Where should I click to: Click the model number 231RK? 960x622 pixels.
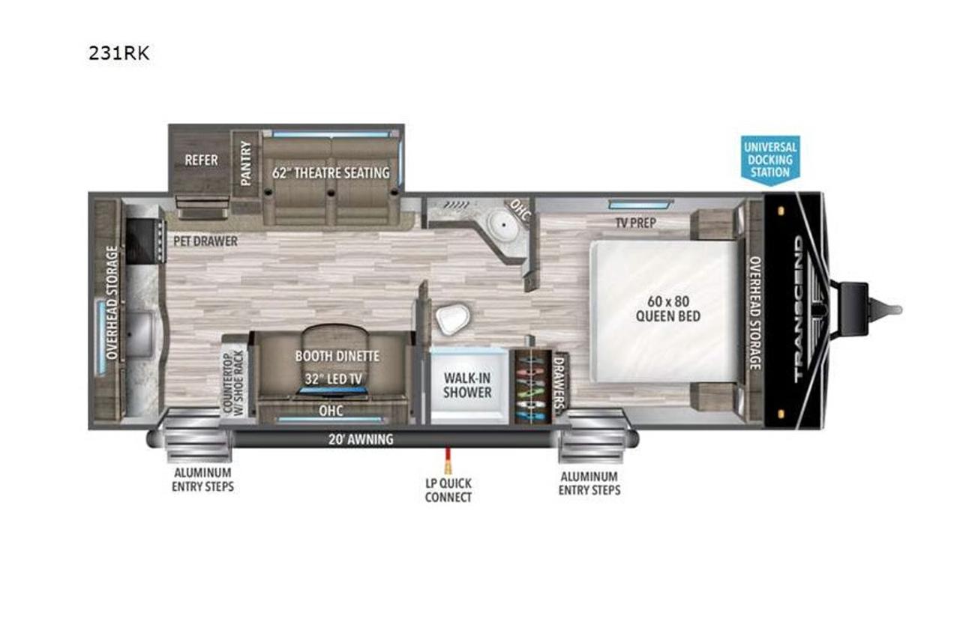119,53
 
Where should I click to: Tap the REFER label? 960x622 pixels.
201,160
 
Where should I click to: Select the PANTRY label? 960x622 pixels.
245,163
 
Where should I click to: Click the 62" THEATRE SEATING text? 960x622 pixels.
331,172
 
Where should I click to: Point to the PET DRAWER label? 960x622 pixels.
205,241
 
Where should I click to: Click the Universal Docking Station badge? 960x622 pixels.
770,160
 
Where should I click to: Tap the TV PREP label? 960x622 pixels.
635,223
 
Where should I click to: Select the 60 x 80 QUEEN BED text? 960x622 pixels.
667,309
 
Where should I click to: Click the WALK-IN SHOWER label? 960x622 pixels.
467,385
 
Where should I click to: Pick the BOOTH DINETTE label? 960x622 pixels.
337,356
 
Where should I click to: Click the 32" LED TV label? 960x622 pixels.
334,378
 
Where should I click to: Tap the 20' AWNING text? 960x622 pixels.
361,439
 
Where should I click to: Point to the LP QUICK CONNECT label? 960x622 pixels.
448,490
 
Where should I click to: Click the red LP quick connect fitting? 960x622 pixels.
448,460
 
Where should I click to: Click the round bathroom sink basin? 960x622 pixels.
502,225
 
